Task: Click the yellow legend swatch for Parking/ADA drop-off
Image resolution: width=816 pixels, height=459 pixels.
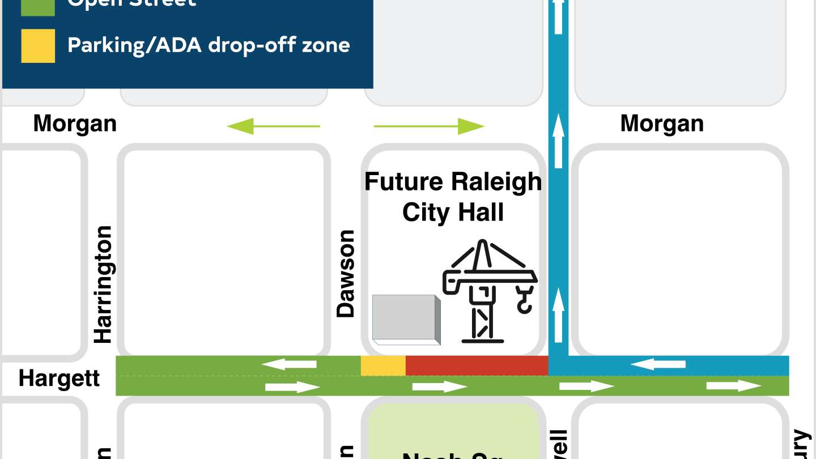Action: [x=38, y=45]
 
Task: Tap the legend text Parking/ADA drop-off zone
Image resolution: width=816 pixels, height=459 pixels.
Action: [x=208, y=45]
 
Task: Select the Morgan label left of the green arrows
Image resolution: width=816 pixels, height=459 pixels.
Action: [x=75, y=124]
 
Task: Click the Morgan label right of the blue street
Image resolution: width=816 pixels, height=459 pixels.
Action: [x=662, y=124]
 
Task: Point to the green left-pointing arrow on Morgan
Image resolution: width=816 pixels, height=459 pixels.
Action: [x=273, y=126]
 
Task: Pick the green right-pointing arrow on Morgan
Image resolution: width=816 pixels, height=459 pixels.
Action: [x=429, y=126]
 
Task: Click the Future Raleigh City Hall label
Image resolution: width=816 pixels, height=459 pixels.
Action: [x=453, y=197]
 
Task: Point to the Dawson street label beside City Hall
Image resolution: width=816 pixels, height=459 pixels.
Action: [x=345, y=273]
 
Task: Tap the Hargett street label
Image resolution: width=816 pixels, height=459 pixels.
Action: [x=59, y=379]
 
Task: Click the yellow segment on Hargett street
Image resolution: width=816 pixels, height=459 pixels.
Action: [x=383, y=365]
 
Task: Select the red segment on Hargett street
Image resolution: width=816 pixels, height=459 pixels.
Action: [x=477, y=365]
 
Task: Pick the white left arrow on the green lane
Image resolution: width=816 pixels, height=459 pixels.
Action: [x=289, y=364]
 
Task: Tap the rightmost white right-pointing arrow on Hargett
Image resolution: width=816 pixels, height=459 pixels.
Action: [x=734, y=386]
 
